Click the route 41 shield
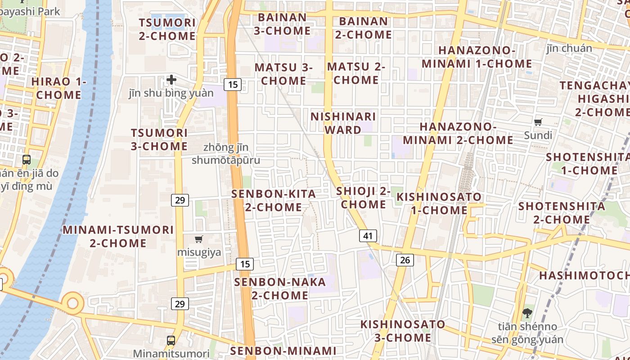(368, 236)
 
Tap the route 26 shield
(405, 260)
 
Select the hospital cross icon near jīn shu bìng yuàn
(171, 80)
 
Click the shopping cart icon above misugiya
(199, 239)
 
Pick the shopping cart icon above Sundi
(538, 122)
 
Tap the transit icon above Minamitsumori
(171, 340)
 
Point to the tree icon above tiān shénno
(527, 312)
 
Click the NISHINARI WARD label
(343, 123)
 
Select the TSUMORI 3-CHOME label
(159, 139)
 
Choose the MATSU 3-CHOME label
(283, 74)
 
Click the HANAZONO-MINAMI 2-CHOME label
(458, 134)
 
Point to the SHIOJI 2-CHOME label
(364, 198)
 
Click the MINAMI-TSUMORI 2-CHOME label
(118, 236)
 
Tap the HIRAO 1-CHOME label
(58, 88)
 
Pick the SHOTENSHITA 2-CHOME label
(562, 213)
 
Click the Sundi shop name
(538, 135)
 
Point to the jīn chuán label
(569, 48)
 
